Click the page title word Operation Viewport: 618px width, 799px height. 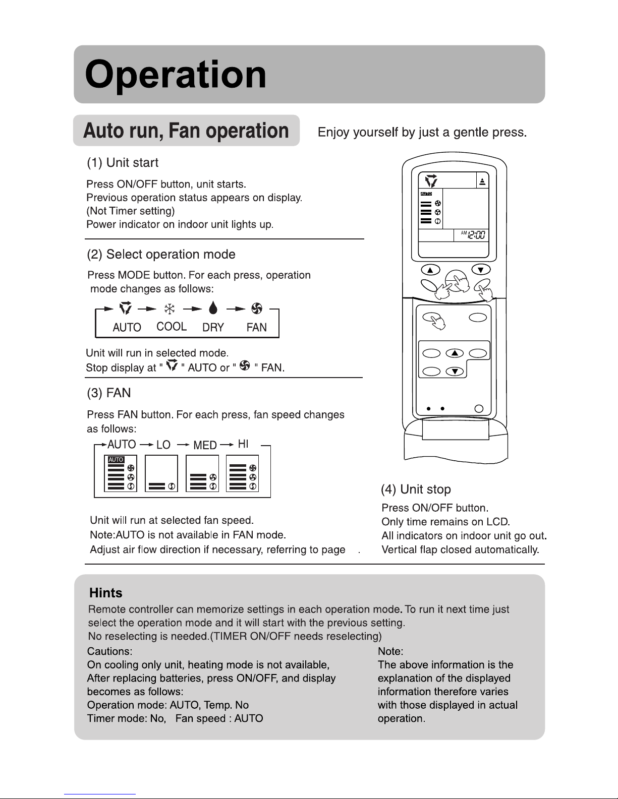coord(176,75)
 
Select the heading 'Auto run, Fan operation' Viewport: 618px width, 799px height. coord(186,131)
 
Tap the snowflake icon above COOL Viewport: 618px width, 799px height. coord(170,309)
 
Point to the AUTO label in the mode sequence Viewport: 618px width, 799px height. coord(127,327)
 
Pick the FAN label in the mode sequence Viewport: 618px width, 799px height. coord(256,327)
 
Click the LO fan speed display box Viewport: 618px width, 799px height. coord(161,473)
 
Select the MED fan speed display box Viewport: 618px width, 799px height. coord(202,473)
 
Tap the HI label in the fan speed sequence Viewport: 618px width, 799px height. coord(243,444)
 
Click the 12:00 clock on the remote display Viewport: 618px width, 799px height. coord(476,235)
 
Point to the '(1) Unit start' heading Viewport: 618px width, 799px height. coord(123,163)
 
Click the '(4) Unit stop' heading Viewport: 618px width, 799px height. coord(416,489)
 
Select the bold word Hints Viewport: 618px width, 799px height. coord(105,593)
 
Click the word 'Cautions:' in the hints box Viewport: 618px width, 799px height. coord(110,651)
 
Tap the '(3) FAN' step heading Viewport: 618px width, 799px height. coord(109,392)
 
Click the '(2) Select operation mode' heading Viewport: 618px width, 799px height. coord(161,254)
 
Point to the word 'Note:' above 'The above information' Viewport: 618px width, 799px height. coord(390,651)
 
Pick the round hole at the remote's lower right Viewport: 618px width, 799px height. coord(479,409)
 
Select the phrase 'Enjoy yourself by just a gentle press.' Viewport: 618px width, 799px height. coord(422,133)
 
